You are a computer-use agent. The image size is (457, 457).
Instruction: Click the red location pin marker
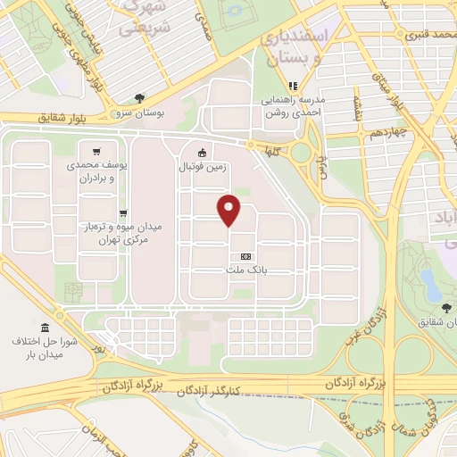[x=230, y=210]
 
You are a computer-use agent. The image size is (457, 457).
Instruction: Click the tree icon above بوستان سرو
[x=138, y=99]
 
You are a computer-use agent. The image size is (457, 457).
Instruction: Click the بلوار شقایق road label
[x=64, y=117]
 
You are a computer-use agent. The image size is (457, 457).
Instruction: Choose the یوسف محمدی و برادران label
[x=98, y=171]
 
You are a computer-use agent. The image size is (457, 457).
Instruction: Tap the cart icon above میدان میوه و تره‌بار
[x=121, y=212]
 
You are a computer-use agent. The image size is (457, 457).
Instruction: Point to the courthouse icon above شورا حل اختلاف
[x=44, y=328]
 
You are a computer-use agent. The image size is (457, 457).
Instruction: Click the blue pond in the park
[x=431, y=285]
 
